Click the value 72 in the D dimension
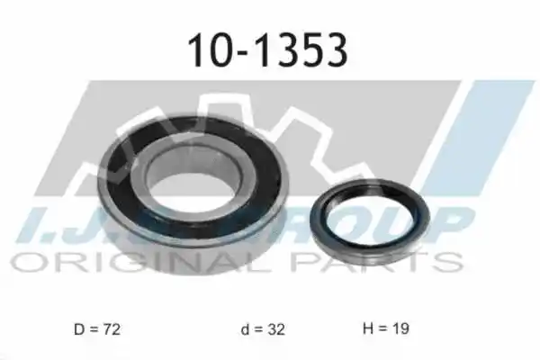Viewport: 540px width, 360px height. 111,329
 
